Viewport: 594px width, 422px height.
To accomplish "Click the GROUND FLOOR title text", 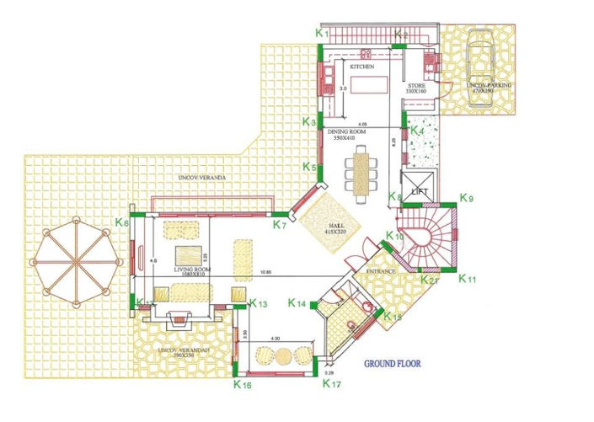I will pyautogui.click(x=393, y=366).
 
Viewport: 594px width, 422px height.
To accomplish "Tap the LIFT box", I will pyautogui.click(x=420, y=190).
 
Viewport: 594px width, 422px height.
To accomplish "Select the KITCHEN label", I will pyautogui.click(x=362, y=67).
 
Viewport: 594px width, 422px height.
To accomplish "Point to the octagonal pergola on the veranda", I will pyautogui.click(x=77, y=259).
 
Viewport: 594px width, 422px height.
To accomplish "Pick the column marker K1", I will pyautogui.click(x=320, y=32).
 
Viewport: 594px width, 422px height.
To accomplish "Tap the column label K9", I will pyautogui.click(x=468, y=199).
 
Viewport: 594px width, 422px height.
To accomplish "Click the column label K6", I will pyautogui.click(x=122, y=223).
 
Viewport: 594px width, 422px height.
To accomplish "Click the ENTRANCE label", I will pyautogui.click(x=382, y=271).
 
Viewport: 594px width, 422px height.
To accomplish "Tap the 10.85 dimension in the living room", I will pyautogui.click(x=265, y=273).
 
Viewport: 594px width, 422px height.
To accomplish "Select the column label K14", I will pyautogui.click(x=296, y=303).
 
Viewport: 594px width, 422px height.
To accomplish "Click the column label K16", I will pyautogui.click(x=242, y=384).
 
